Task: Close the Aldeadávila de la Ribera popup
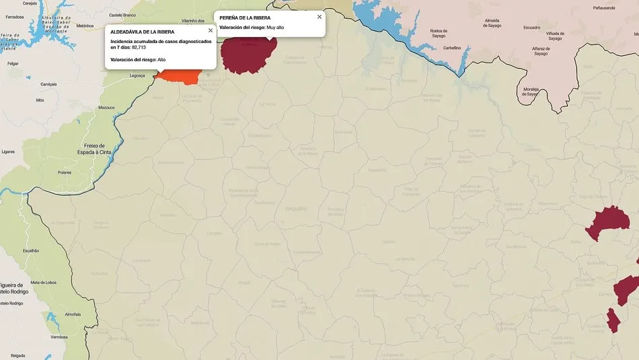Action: [211, 30]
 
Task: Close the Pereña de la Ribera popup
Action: [319, 16]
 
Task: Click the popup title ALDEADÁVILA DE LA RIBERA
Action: [142, 32]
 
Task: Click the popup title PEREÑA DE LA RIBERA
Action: [245, 17]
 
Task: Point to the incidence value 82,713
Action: [139, 47]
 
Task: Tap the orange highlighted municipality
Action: [178, 77]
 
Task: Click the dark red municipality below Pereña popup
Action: [250, 55]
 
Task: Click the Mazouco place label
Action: [106, 107]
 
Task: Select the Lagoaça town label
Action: [137, 75]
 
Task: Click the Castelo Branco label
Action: [122, 14]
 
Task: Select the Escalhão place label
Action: [32, 250]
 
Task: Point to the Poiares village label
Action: [65, 172]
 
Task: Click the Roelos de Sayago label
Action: [439, 34]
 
